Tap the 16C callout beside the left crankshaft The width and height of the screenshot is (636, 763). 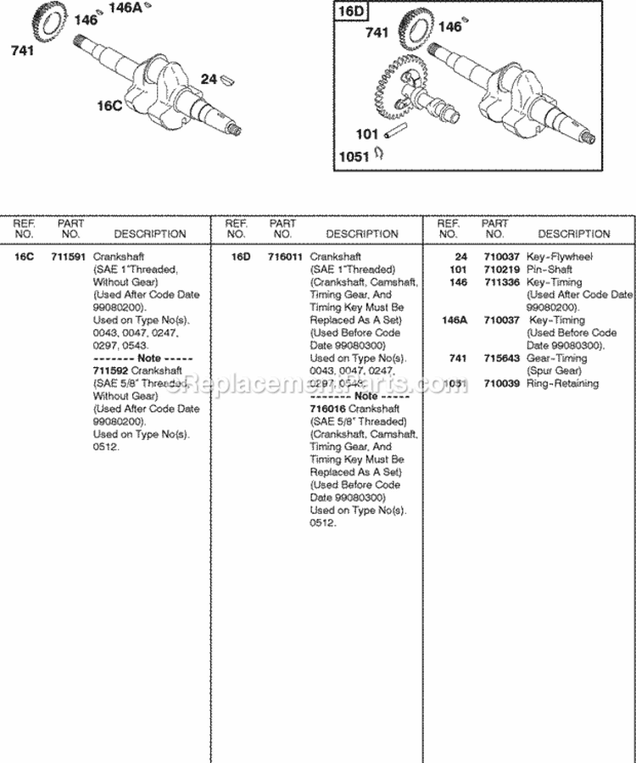[x=111, y=105]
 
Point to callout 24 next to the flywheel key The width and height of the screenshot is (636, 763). [x=209, y=80]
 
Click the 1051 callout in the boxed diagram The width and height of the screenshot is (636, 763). [x=354, y=155]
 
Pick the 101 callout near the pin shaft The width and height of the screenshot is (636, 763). [x=366, y=134]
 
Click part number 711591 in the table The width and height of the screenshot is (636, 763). [x=68, y=256]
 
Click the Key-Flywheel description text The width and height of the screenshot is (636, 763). [x=560, y=257]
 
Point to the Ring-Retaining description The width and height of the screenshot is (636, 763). [x=562, y=384]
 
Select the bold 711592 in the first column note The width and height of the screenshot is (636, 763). [x=109, y=370]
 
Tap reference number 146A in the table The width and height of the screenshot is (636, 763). [x=454, y=320]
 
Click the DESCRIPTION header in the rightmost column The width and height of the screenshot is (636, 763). [x=573, y=234]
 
